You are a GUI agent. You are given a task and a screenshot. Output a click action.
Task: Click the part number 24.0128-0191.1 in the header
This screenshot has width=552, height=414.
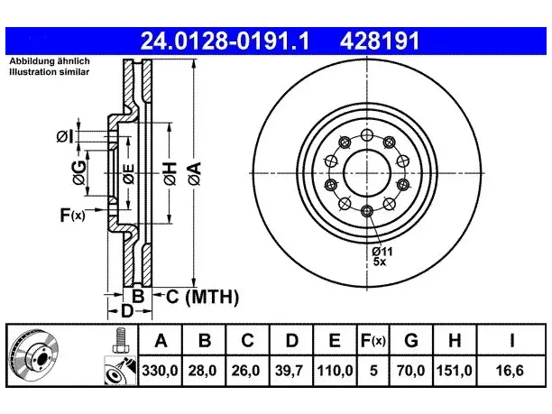225,41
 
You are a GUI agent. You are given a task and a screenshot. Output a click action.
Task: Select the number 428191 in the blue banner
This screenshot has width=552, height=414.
380,41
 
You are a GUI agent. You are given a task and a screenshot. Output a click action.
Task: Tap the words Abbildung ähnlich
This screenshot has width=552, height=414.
50,61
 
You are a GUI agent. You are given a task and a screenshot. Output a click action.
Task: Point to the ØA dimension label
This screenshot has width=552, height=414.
195,173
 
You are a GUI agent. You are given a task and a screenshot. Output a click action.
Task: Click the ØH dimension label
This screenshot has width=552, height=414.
170,173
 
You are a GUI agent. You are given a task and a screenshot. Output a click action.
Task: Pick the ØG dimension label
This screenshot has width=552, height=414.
79,173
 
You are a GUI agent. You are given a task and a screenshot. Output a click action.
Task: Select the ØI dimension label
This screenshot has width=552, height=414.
65,136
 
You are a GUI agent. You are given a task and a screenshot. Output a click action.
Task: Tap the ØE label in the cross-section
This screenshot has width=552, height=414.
129,174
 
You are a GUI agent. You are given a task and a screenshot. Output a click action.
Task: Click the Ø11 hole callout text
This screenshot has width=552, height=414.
382,252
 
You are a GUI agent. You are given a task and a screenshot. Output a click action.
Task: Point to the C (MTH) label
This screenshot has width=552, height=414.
202,297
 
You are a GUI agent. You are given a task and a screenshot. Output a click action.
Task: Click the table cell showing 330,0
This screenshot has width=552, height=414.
161,371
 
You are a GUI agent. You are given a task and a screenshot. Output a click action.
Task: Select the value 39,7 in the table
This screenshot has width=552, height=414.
291,371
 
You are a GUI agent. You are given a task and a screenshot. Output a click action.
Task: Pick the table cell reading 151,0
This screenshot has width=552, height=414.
454,371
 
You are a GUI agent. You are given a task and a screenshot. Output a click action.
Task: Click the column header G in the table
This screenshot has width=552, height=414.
411,340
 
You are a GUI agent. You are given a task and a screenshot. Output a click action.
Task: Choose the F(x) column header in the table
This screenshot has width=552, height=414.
373,340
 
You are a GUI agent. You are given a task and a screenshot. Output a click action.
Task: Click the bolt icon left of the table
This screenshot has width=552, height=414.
120,340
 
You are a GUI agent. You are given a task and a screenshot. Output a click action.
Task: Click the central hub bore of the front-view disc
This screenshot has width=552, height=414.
367,173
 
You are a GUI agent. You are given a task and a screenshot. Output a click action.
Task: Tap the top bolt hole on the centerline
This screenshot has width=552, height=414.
367,134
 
